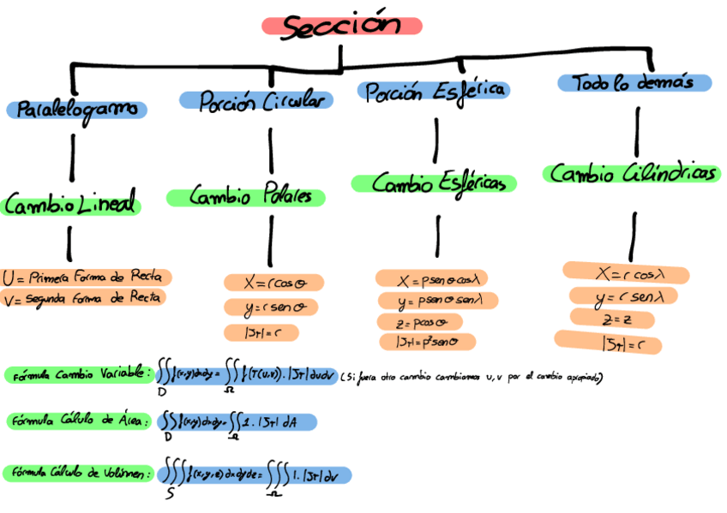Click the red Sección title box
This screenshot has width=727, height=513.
point(341,26)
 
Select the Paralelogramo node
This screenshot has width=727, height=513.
point(77,110)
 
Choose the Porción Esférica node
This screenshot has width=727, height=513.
point(434,91)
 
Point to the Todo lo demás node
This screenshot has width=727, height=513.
point(634,83)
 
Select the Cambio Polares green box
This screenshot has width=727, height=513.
point(246,197)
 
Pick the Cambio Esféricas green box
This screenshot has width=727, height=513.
point(434,183)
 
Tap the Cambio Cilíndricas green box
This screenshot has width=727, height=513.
point(632,174)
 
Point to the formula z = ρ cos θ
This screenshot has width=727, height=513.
point(418,323)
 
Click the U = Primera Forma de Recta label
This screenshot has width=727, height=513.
point(87,278)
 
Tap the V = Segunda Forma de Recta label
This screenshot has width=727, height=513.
point(83,298)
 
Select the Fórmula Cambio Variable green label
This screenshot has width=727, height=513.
point(79,375)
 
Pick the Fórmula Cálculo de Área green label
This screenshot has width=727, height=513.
point(79,421)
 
